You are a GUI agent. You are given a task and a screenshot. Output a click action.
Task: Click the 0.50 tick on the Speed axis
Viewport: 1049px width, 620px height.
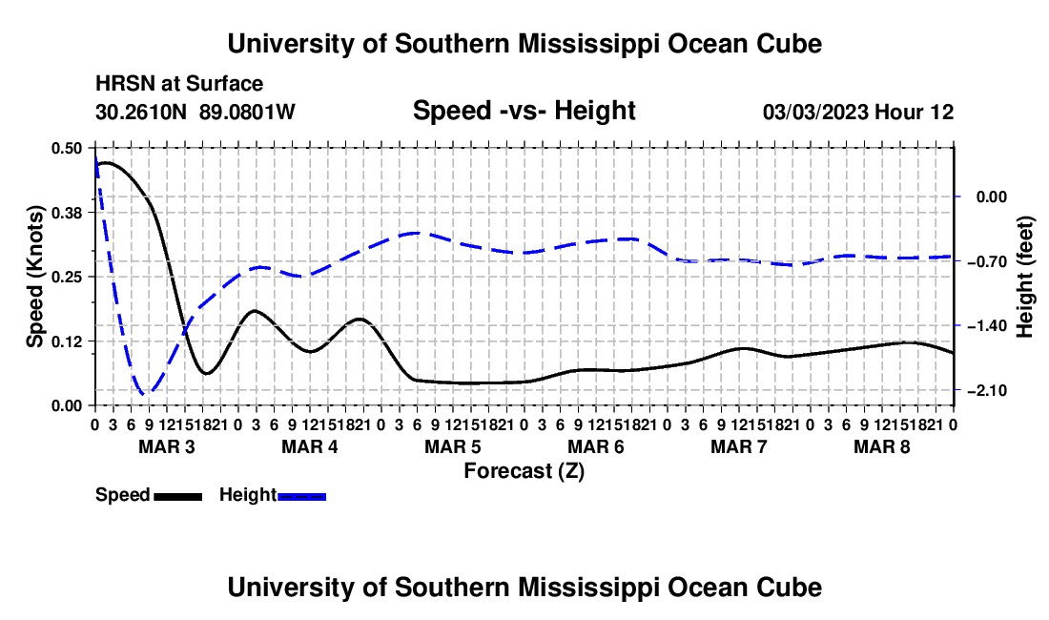point(66,148)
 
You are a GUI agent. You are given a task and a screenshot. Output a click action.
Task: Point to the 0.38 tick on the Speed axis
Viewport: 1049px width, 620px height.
point(66,213)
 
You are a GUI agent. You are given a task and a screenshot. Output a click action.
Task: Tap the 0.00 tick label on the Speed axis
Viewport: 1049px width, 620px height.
point(66,405)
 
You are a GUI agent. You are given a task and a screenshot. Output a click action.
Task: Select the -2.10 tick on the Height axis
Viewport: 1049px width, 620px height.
point(987,390)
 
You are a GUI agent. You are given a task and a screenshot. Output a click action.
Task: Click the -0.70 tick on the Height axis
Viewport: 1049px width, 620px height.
point(987,260)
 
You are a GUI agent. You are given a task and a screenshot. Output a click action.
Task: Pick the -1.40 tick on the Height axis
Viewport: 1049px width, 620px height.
point(987,325)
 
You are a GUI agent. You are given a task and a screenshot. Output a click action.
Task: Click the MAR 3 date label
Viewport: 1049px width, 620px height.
point(167,446)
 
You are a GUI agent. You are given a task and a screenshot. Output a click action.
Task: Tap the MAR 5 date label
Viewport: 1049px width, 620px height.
point(453,446)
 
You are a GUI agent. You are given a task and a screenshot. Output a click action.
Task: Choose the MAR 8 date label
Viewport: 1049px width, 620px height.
point(882,446)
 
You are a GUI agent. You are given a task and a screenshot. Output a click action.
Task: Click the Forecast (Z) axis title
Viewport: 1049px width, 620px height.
point(524,471)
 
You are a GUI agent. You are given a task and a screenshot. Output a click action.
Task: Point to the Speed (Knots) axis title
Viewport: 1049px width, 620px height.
point(34,277)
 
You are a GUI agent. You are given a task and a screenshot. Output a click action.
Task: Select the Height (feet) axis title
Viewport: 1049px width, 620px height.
point(1025,277)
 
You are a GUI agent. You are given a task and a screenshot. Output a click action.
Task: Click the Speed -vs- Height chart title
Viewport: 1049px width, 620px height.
point(524,111)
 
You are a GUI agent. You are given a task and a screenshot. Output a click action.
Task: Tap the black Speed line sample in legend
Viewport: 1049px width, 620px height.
point(178,496)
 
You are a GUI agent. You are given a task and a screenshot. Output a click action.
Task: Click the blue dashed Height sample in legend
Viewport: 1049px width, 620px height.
point(301,496)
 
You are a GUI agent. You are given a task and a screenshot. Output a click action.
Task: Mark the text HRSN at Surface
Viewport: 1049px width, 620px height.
point(179,84)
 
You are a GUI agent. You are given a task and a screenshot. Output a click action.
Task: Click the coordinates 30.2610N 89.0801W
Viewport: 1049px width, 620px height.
point(195,112)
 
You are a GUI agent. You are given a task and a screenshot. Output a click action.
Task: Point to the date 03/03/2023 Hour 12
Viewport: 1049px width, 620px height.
point(858,112)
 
